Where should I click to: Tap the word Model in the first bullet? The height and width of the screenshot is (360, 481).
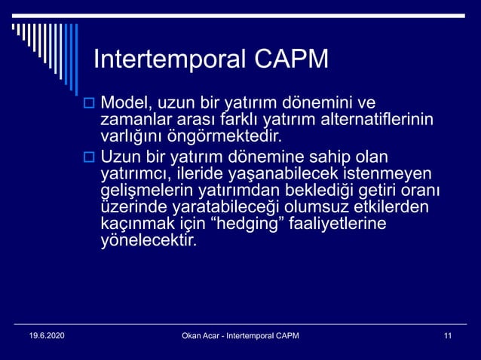pos(124,102)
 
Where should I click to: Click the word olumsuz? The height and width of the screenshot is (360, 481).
pos(331,208)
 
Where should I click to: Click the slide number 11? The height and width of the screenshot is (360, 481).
pos(449,335)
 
